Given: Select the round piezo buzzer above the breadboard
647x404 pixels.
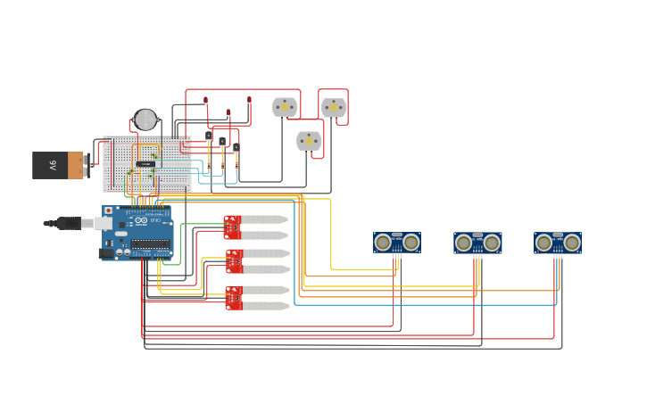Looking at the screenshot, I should coord(145,120).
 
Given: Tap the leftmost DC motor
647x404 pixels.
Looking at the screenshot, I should coord(285,107).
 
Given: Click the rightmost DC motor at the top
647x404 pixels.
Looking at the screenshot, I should coord(333,107).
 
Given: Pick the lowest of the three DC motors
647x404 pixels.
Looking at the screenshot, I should coord(309,140).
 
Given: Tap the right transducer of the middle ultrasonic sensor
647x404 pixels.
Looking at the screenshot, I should coord(492,243).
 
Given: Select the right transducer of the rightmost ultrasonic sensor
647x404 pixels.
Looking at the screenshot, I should coord(572,243).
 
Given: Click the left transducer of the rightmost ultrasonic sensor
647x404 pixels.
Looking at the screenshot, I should coord(544,243).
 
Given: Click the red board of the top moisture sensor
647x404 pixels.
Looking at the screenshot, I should coord(232,227).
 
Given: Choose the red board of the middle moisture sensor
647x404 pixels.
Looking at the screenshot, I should coord(234,261).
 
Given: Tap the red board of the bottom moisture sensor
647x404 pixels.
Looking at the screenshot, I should coord(234,298).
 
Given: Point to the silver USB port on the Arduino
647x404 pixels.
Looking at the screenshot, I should coord(104,223).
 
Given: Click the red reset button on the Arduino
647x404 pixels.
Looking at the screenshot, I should coord(109,211).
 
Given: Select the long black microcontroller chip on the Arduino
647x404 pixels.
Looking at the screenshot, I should coord(150,243).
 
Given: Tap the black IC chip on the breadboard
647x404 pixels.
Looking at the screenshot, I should coord(145,164).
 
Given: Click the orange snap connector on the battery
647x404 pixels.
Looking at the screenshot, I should coord(76,165).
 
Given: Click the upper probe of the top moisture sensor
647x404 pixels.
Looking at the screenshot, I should coord(264,219).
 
